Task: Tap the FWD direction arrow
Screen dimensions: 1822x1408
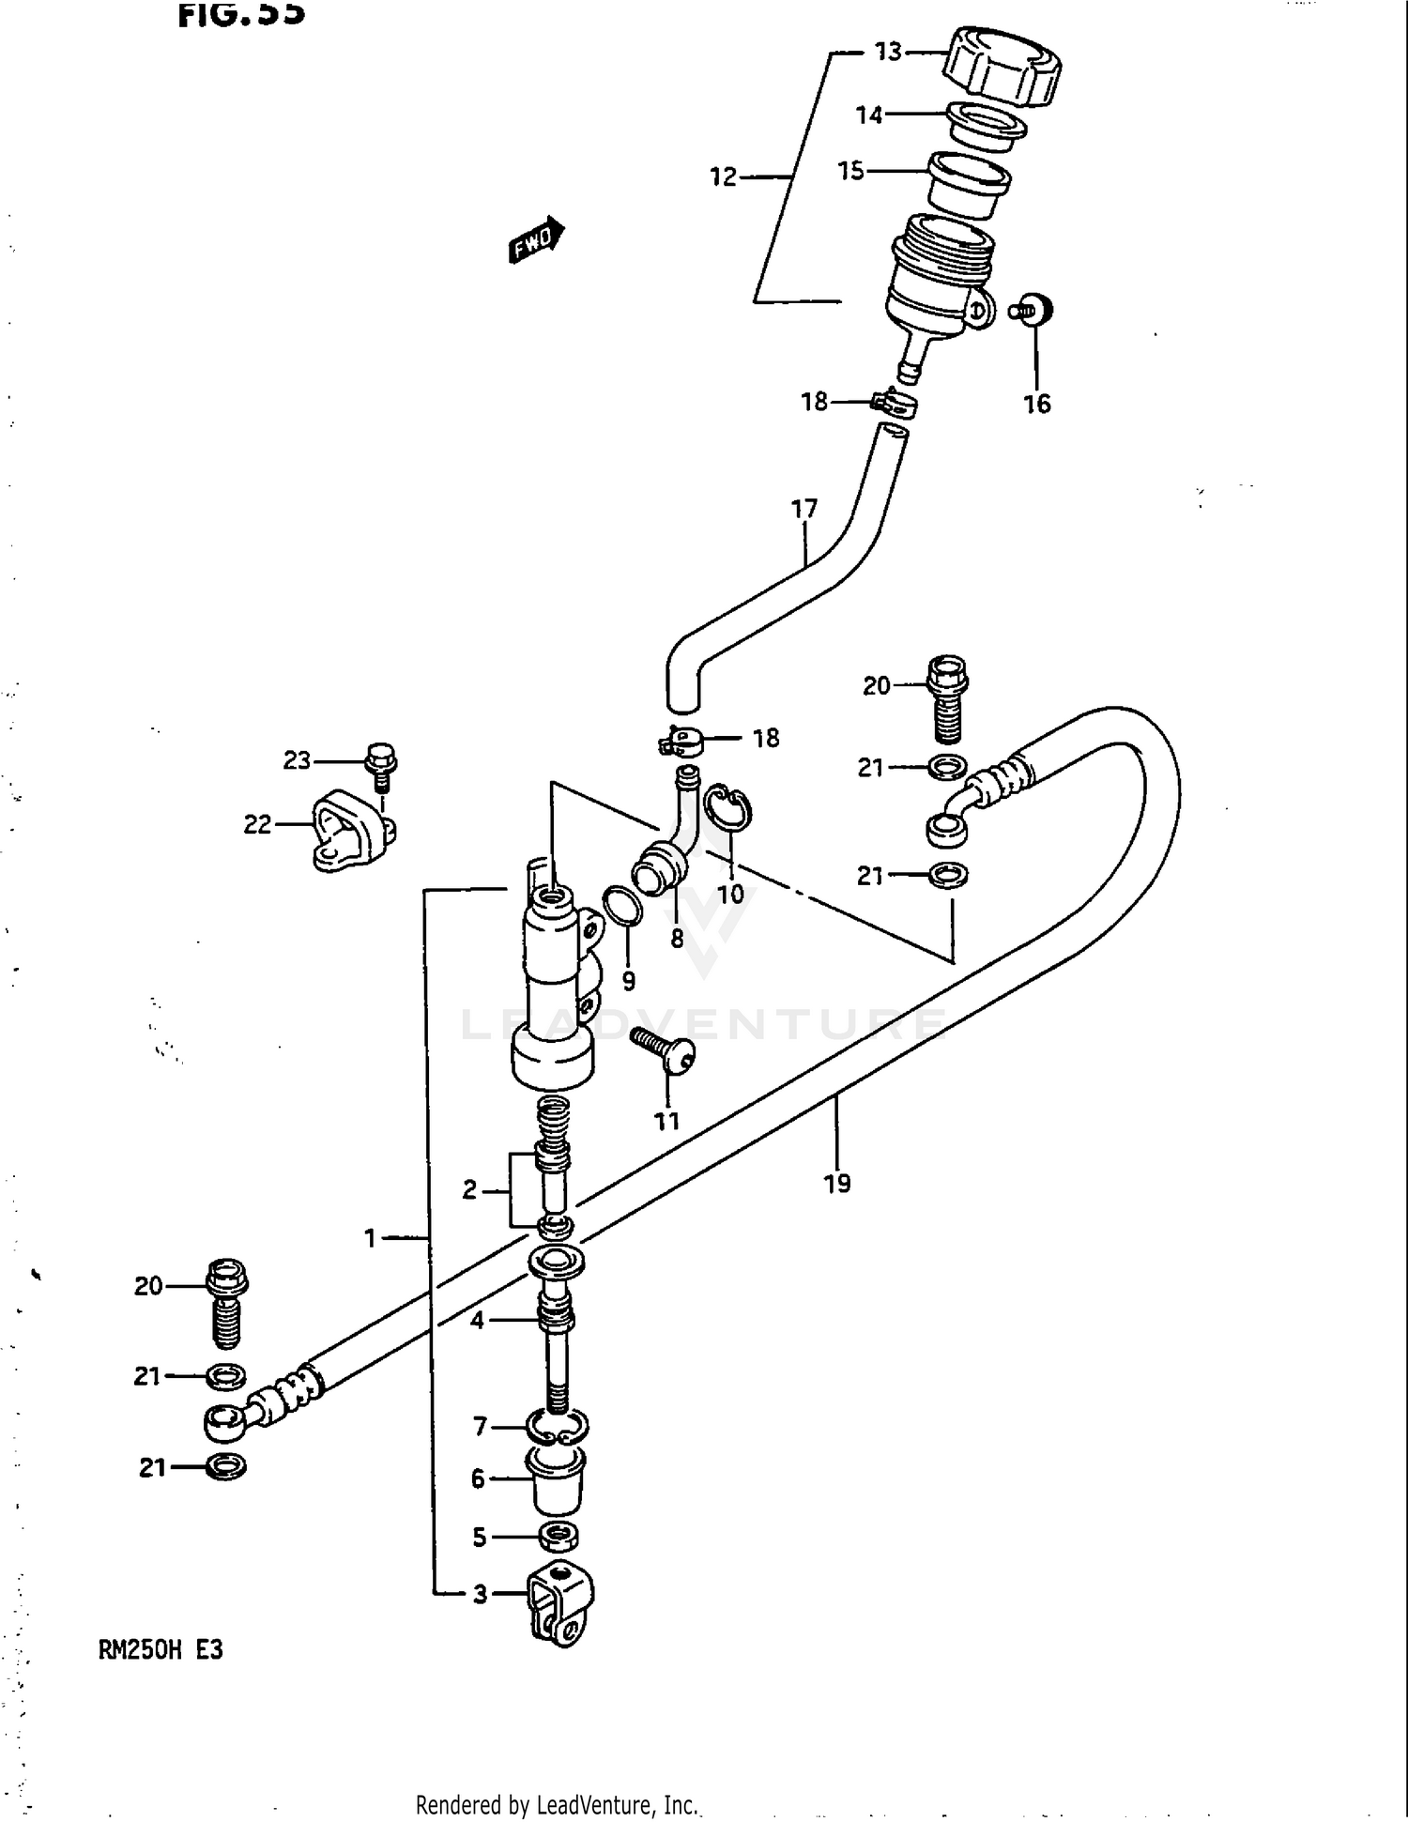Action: pos(536,240)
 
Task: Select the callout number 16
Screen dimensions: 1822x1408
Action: pos(1036,405)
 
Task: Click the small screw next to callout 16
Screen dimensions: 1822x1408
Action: pos(1033,310)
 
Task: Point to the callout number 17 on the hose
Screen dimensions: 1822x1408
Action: pos(804,509)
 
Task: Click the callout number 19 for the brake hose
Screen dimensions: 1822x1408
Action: pos(837,1184)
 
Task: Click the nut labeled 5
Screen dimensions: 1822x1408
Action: pos(559,1537)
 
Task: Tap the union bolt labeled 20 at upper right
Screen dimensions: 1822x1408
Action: pos(948,697)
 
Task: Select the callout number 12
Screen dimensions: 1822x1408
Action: pos(723,176)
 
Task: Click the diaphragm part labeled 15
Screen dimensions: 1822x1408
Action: pos(967,188)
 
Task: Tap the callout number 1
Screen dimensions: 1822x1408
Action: pos(371,1239)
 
